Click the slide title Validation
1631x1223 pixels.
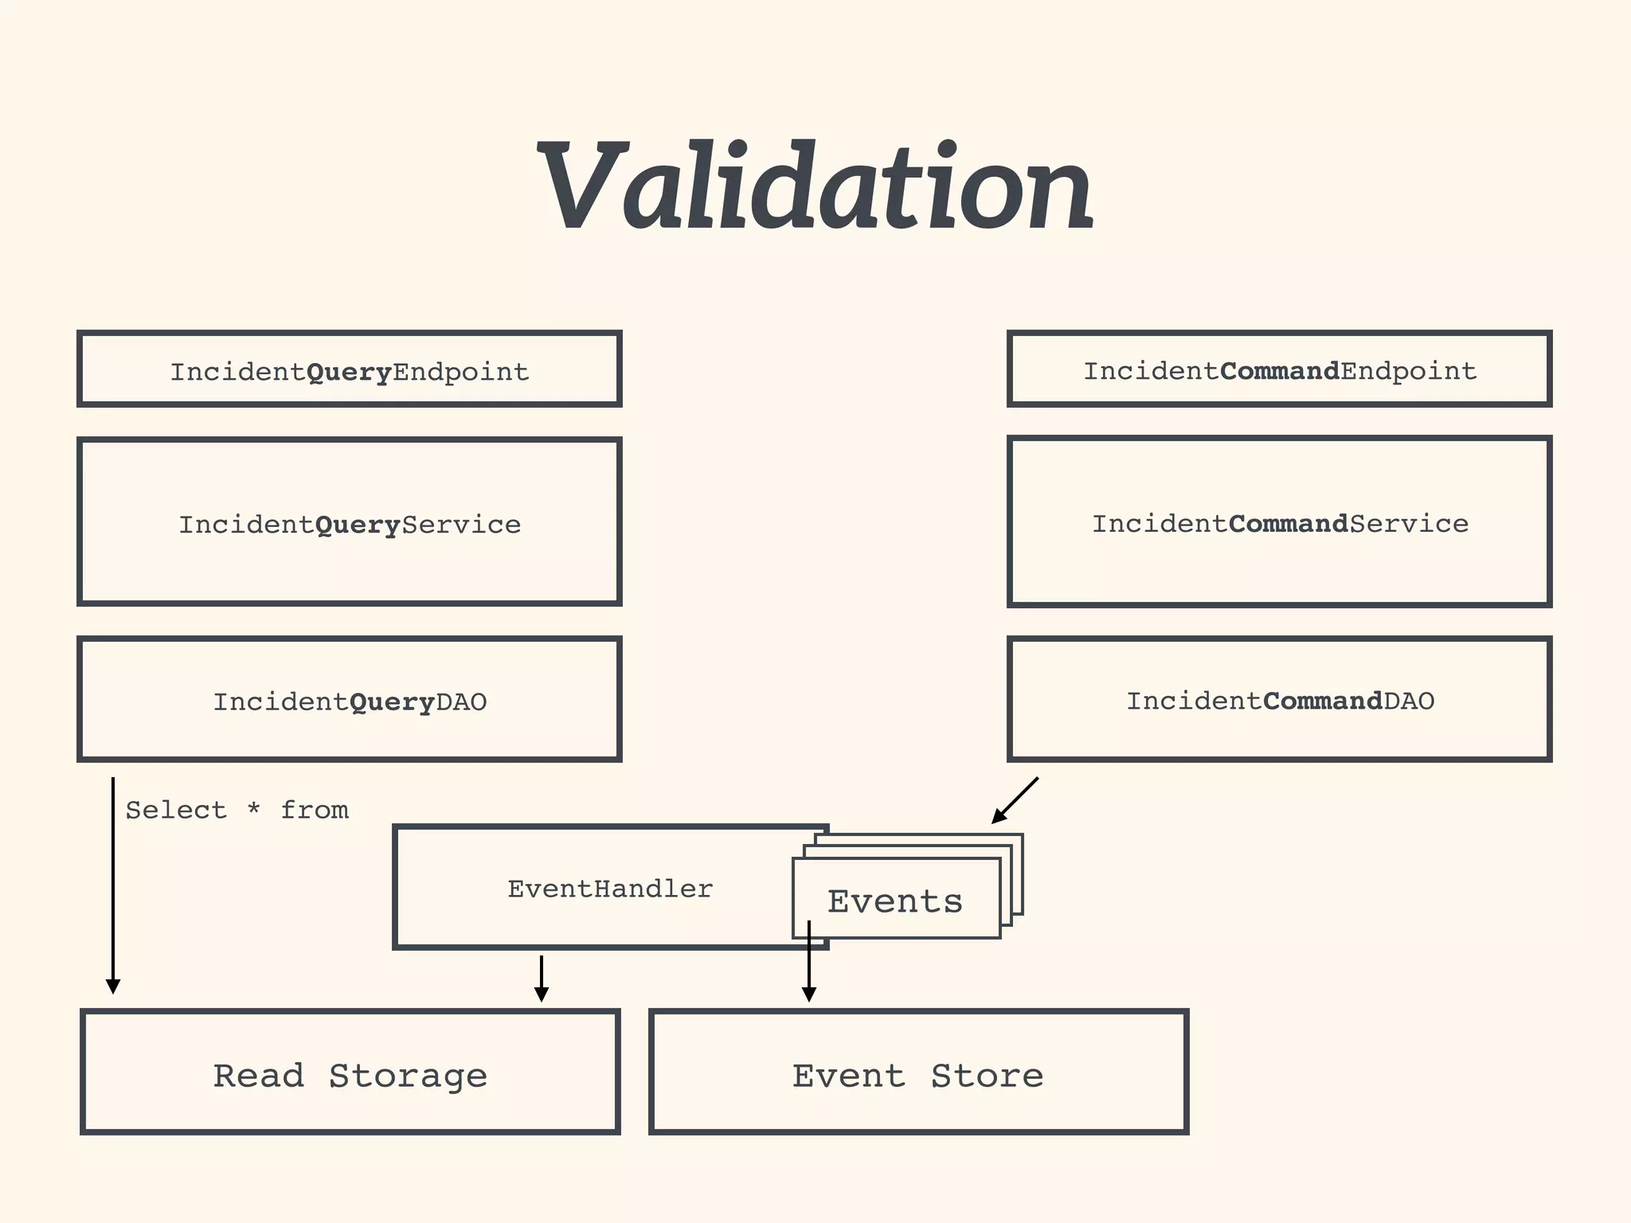tap(815, 187)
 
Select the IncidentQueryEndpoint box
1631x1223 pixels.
tap(349, 369)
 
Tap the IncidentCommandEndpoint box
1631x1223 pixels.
tap(1279, 369)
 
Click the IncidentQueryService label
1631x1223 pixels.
tap(349, 525)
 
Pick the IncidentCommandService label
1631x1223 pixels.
tap(1279, 524)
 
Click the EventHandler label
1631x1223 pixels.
tap(610, 889)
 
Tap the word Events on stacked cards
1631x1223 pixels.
tap(894, 901)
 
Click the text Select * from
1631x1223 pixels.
tap(237, 811)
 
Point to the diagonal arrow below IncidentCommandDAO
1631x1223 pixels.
tap(1015, 800)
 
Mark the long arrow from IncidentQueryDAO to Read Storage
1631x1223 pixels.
tap(113, 884)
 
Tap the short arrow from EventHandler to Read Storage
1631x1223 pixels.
tap(542, 978)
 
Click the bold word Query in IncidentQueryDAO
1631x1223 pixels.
tap(392, 702)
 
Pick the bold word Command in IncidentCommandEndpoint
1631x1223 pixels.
tap(1279, 371)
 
